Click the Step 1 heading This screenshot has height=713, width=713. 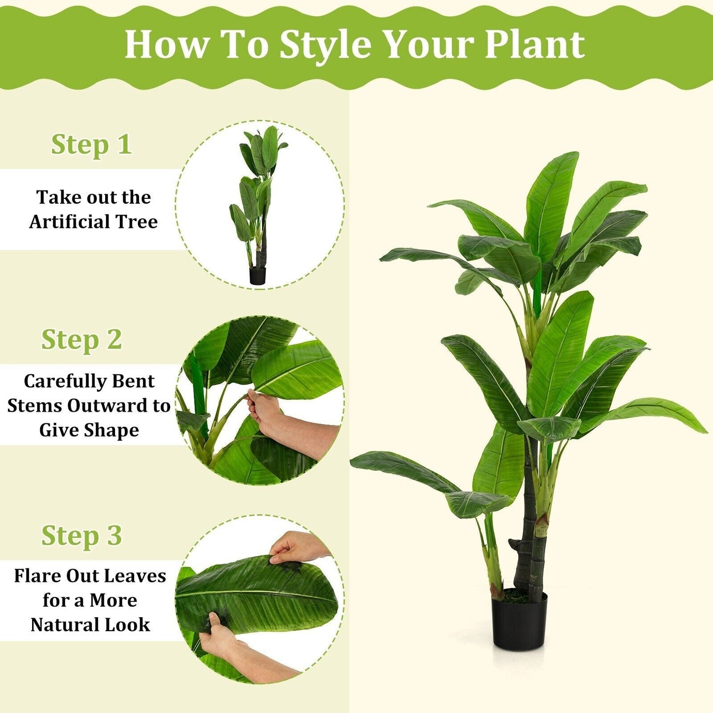tap(91, 145)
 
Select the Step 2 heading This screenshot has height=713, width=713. tap(81, 339)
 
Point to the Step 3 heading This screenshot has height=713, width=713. tap(81, 535)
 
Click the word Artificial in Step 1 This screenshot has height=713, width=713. tap(70, 222)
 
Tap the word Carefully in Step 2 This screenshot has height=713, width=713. tap(57, 381)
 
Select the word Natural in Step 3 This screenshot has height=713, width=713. tap(59, 625)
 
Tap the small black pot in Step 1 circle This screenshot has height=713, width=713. tap(257, 275)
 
